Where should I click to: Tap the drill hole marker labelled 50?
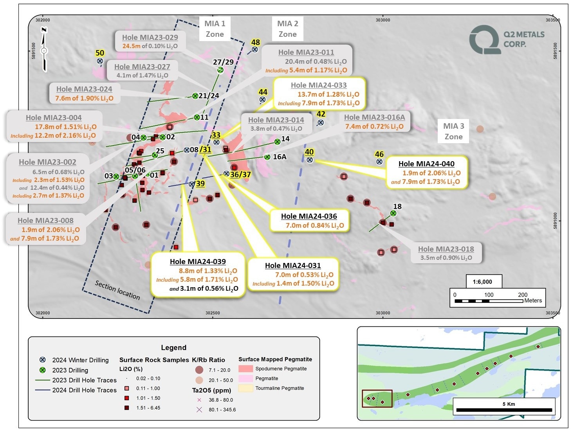[x=100, y=61]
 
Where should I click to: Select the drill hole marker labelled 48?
[x=254, y=49]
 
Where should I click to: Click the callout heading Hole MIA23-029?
[x=150, y=38]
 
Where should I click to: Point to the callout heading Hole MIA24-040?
[x=426, y=164]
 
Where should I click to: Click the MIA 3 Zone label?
[x=453, y=131]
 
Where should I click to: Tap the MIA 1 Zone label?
[x=215, y=29]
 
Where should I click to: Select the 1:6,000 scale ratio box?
[x=482, y=282]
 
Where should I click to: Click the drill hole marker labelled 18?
[x=393, y=213]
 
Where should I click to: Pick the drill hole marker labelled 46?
[x=379, y=162]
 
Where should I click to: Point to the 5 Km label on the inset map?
[x=509, y=404]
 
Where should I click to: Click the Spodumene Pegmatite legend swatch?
[x=245, y=369]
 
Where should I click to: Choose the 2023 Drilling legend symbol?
[x=42, y=370]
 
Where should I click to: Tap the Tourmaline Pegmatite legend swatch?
[x=245, y=388]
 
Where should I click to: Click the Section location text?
[x=117, y=290]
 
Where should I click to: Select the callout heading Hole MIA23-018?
[x=446, y=249]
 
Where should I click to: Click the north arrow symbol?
[x=44, y=49]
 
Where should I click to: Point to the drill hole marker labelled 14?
[x=277, y=142]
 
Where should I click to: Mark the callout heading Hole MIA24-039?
[x=198, y=261]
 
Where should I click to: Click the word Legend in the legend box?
[x=173, y=348]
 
